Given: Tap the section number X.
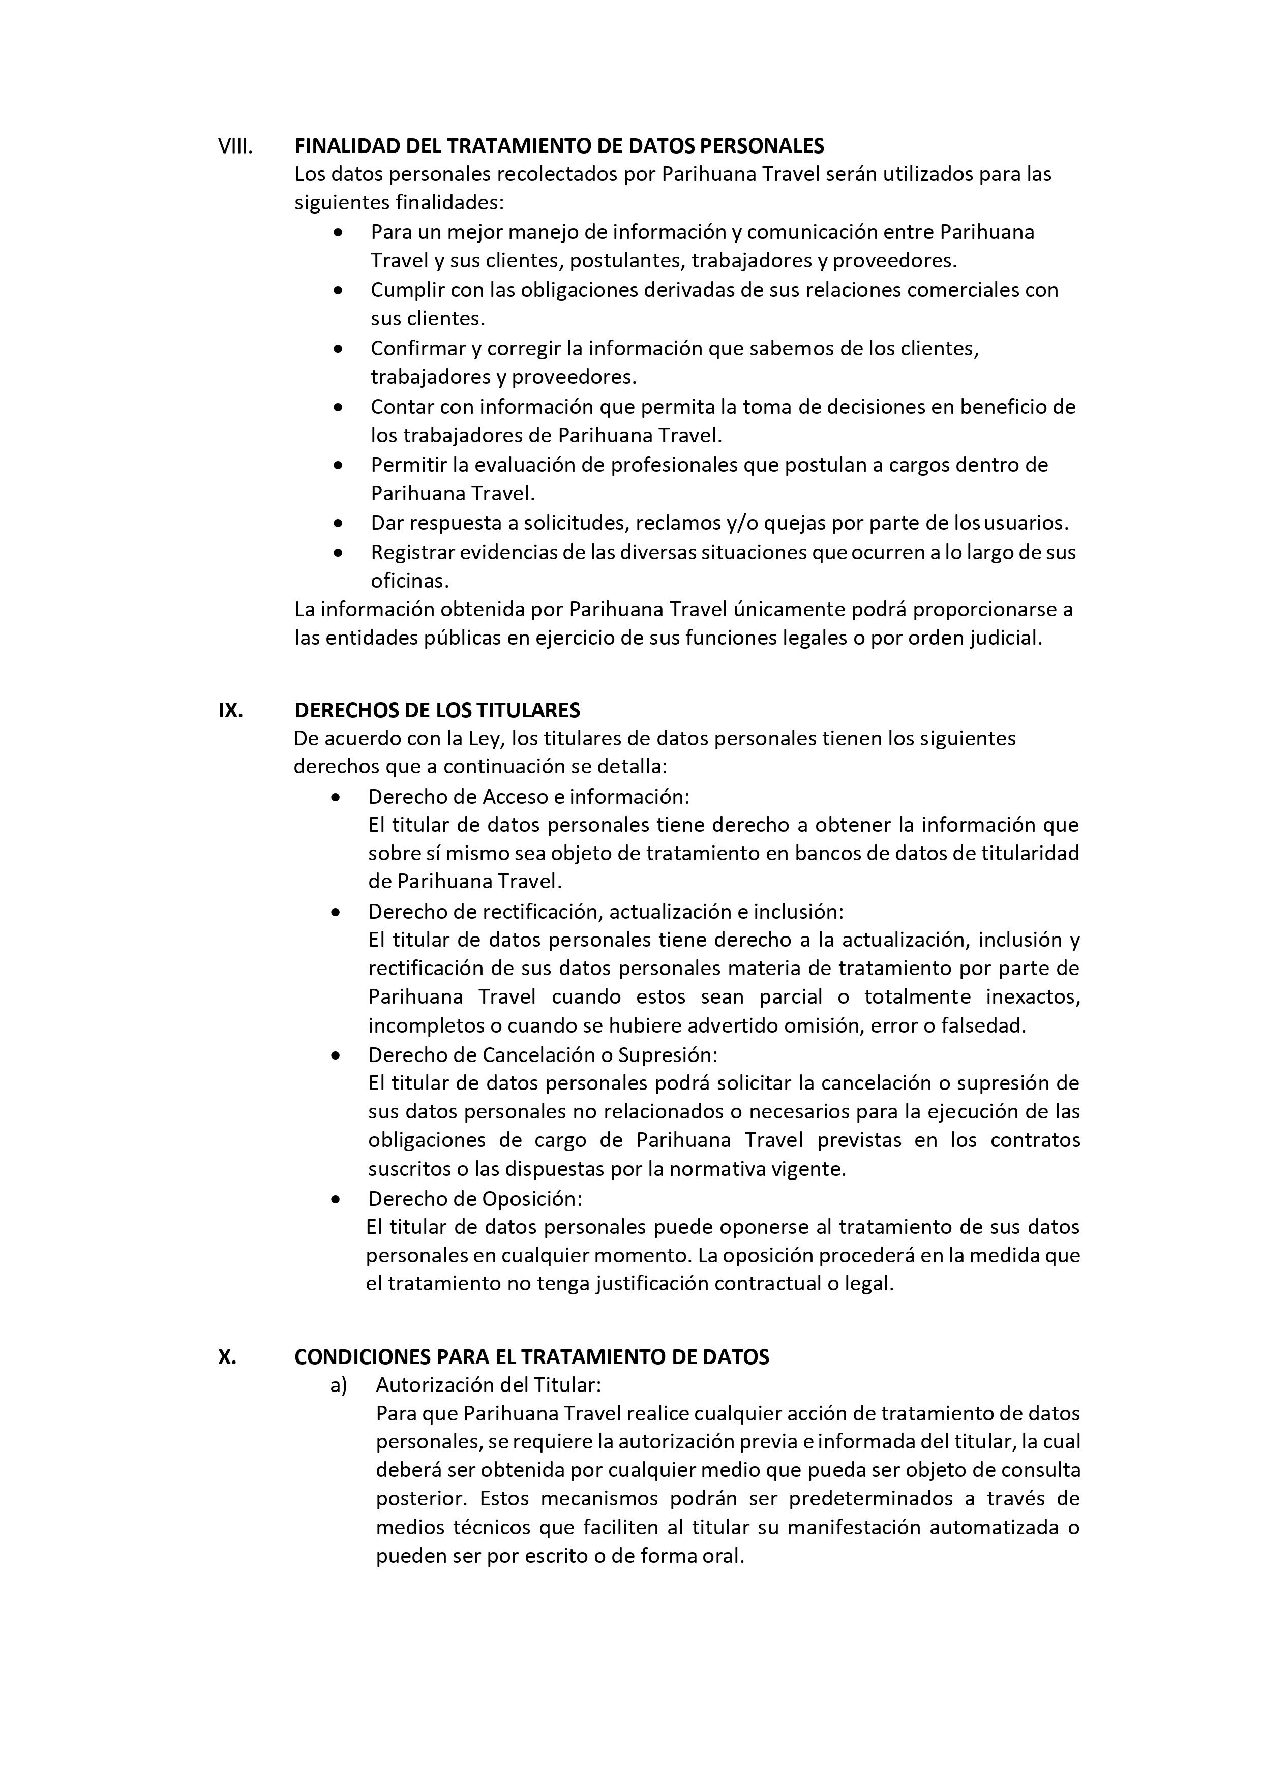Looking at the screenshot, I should tap(227, 1356).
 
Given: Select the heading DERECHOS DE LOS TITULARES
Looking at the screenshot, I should tap(437, 710).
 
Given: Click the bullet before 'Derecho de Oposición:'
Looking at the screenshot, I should tap(336, 1199).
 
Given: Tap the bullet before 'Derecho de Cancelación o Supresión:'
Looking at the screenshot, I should tap(336, 1055).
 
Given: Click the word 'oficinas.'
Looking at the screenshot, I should tap(409, 581).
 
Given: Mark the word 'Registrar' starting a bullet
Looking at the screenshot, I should tap(412, 553).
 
